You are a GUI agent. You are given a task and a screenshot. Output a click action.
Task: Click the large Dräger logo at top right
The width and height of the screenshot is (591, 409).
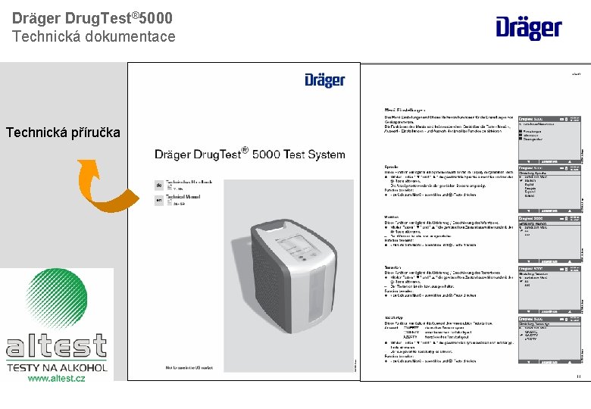coord(529,28)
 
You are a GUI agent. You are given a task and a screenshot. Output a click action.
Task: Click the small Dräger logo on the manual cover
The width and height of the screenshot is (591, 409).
coord(324,80)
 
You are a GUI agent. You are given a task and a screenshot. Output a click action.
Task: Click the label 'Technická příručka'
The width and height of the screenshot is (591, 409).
coord(63,133)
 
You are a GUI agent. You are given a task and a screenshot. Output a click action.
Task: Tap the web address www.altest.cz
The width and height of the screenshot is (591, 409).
coord(56,377)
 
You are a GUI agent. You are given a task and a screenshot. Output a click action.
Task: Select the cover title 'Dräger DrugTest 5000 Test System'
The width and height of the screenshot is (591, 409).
coord(249,154)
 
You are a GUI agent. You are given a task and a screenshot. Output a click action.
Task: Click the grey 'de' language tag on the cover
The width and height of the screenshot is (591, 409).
coord(159,185)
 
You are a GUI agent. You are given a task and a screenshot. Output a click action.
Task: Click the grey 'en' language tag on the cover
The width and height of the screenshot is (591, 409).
coord(159,201)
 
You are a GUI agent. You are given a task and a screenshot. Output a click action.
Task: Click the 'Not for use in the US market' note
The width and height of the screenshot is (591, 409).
coord(195,367)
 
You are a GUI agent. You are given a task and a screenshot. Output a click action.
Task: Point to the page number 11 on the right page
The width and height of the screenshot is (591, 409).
coord(579,376)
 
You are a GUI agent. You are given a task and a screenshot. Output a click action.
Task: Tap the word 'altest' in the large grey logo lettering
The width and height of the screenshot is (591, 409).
coord(57,348)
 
